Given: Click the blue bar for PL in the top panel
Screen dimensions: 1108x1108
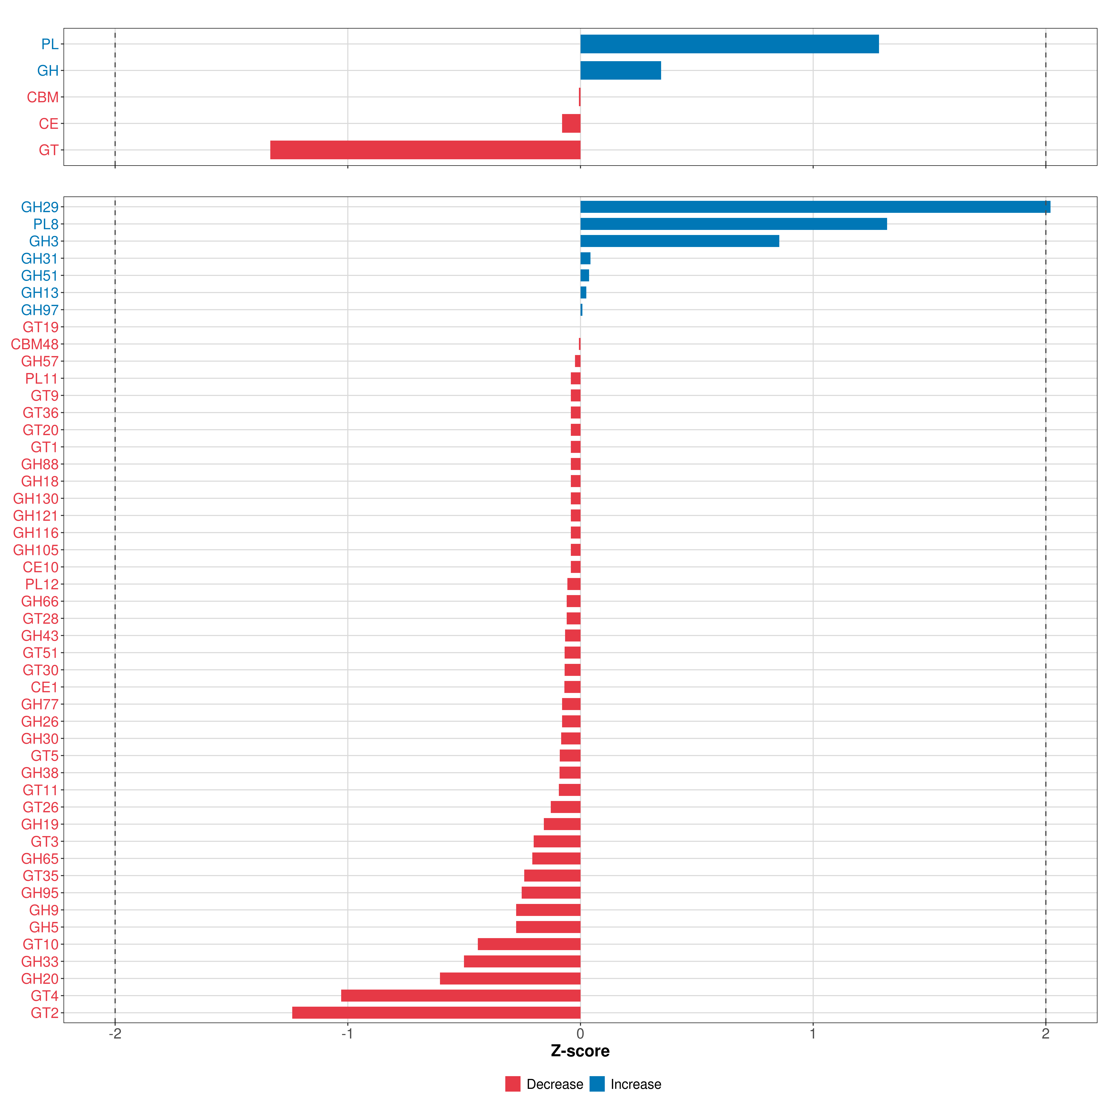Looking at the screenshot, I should coord(729,44).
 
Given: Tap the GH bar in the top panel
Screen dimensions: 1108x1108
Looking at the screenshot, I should coord(620,71).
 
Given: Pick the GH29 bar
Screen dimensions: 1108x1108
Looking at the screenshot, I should coord(815,207).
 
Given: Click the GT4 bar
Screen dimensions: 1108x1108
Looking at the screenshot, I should coord(461,996).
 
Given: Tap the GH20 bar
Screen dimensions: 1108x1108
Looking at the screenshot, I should coord(510,979).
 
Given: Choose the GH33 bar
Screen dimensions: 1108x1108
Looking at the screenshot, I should coord(522,961).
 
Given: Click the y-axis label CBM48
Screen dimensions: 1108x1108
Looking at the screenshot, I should coord(34,344).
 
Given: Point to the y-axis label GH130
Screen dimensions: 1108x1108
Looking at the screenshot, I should coord(36,498).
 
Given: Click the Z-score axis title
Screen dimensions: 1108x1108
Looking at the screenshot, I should coord(580,1051).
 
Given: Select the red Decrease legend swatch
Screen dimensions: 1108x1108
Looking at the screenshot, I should coord(513,1084).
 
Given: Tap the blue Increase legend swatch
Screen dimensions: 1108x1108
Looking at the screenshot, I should coord(597,1084).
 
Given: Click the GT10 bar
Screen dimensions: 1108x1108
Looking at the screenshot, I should coord(529,944).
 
